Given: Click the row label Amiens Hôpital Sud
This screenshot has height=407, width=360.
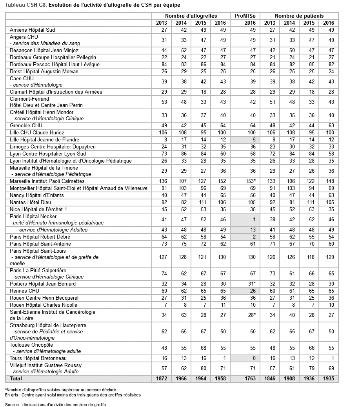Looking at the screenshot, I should [32, 30].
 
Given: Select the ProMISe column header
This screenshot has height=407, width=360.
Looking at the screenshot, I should [245, 16].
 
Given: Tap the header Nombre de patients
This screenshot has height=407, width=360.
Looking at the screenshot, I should [299, 16].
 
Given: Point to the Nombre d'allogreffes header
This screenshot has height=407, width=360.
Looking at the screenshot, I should [191, 16].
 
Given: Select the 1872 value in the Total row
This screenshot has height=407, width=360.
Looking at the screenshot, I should [162, 379].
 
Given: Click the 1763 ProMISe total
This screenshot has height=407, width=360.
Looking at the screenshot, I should [250, 379].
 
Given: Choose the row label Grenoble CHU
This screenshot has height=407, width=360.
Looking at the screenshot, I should [26, 125].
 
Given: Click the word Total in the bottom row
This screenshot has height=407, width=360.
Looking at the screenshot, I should [16, 379].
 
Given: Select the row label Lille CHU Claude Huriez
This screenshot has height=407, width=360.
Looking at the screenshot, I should [37, 132].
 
